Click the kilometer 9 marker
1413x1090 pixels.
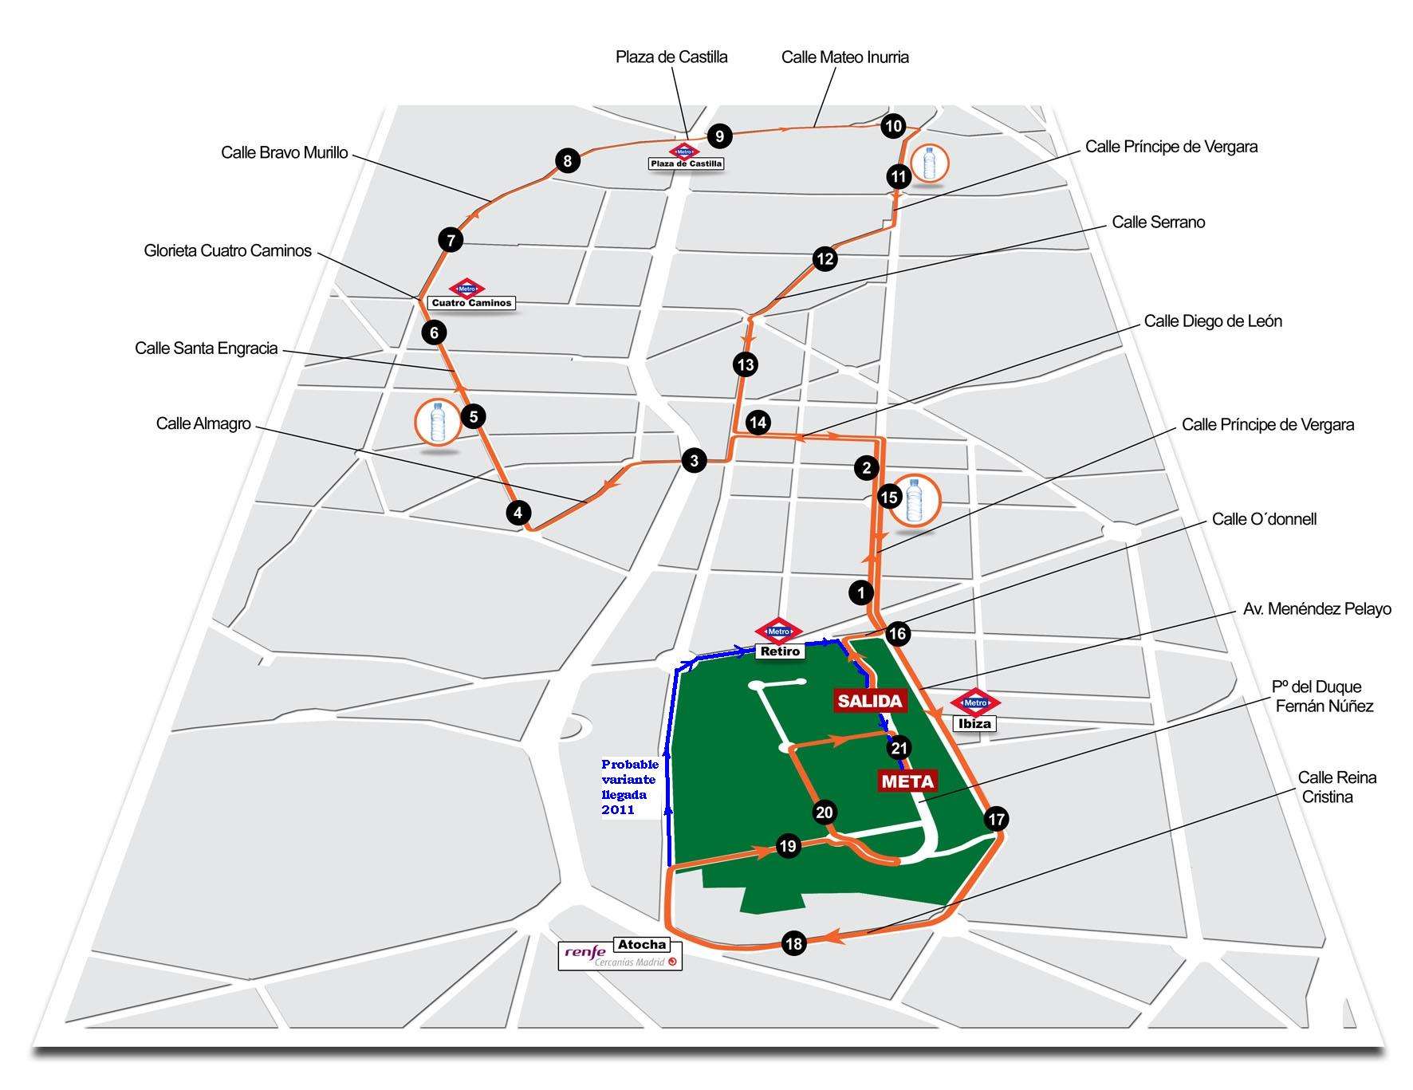(x=719, y=136)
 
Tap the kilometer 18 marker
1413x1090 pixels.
(x=793, y=944)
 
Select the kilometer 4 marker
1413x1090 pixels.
(x=518, y=513)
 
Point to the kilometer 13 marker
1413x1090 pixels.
(x=745, y=365)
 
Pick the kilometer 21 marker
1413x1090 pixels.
(x=899, y=748)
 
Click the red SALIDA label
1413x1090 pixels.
(x=869, y=701)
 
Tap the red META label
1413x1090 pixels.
(x=907, y=781)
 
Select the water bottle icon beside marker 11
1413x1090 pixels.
(x=927, y=163)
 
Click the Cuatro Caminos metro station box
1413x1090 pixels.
(x=471, y=303)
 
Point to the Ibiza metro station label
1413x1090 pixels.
(x=974, y=723)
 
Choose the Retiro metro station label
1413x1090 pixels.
(x=780, y=651)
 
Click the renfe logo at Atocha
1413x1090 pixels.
(x=584, y=951)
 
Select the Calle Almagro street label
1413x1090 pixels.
(x=203, y=423)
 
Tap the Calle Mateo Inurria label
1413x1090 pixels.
(x=845, y=57)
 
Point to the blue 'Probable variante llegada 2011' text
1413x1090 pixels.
(x=630, y=787)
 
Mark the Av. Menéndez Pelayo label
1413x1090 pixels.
(x=1317, y=609)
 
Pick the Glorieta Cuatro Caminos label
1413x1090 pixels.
(x=227, y=251)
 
